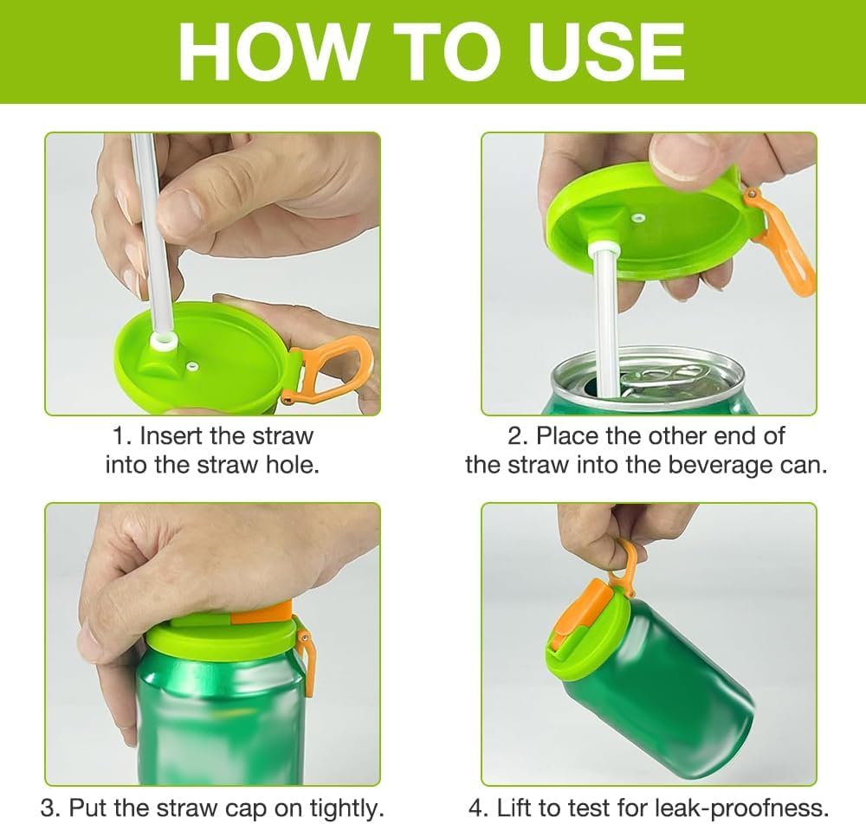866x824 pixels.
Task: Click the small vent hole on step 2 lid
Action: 638,218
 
